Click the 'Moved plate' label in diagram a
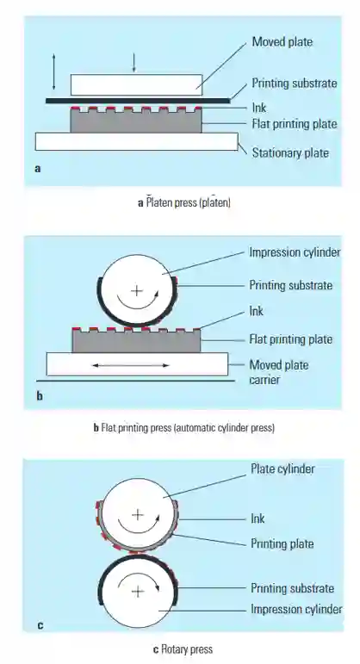click(282, 42)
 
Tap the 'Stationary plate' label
click(290, 152)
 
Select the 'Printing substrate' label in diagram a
click(295, 83)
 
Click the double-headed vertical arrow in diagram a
click(53, 71)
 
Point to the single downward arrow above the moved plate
click(133, 63)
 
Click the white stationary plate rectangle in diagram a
click(136, 141)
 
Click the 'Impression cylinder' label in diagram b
click(295, 252)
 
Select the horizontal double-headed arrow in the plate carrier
click(130, 365)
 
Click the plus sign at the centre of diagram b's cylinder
click(136, 291)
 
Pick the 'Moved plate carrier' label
click(279, 372)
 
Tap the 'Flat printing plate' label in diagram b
click(290, 339)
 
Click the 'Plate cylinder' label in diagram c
click(282, 469)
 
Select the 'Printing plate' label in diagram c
click(282, 543)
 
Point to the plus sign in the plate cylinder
click(138, 515)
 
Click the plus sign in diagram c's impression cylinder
click(138, 591)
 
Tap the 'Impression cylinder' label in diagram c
click(296, 609)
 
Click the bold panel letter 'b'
click(40, 397)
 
